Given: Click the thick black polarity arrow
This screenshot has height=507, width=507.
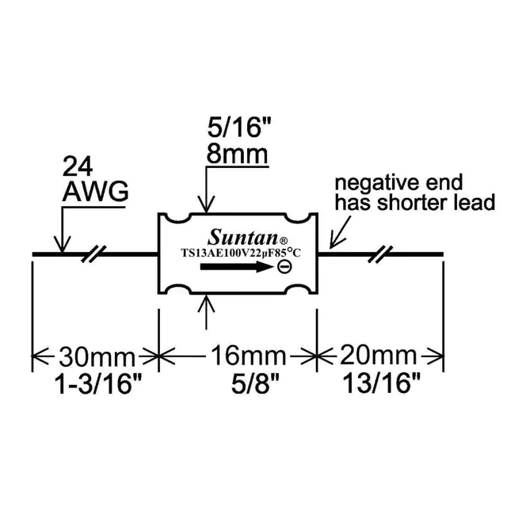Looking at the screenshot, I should [234, 269].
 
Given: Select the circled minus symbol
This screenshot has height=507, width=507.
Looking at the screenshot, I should [284, 269].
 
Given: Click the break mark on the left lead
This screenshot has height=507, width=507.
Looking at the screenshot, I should [95, 254].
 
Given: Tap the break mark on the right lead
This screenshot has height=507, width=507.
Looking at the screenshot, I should [381, 254].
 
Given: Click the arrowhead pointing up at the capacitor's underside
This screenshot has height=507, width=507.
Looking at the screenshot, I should [206, 299].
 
